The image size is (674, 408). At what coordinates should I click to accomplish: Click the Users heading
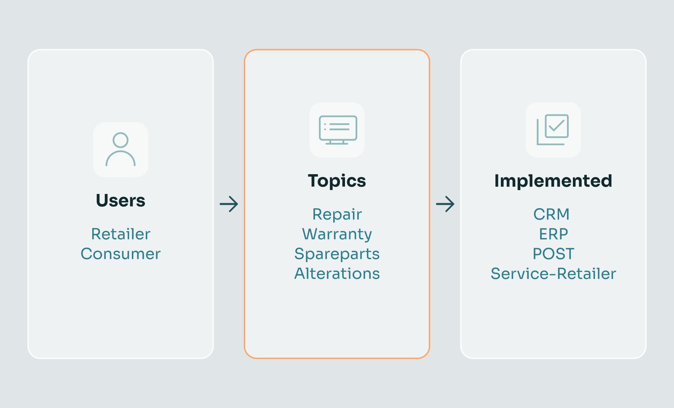(120, 200)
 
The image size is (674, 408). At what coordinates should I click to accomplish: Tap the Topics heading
(337, 181)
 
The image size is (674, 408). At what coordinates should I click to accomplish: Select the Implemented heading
(553, 181)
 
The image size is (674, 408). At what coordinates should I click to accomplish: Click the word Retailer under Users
(120, 234)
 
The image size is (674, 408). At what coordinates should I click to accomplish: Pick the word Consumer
(120, 254)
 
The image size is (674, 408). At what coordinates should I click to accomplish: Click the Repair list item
(337, 215)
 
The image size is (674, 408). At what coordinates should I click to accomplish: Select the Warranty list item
(337, 234)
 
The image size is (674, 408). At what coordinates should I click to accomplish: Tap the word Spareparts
(337, 254)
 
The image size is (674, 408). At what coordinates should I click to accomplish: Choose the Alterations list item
(337, 274)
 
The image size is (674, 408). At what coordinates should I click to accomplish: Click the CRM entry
(551, 215)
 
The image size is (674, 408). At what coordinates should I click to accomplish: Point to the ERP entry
(554, 234)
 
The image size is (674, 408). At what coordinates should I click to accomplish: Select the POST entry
(554, 254)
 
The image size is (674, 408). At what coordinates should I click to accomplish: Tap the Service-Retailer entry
(554, 274)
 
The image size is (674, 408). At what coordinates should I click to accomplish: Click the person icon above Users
(120, 149)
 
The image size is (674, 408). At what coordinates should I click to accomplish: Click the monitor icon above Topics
(338, 130)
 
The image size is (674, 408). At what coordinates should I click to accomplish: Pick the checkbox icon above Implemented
(553, 130)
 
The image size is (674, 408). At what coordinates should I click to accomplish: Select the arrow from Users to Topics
(229, 204)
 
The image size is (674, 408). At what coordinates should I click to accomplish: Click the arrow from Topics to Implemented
(445, 204)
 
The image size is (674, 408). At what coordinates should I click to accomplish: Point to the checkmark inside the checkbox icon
(556, 125)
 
